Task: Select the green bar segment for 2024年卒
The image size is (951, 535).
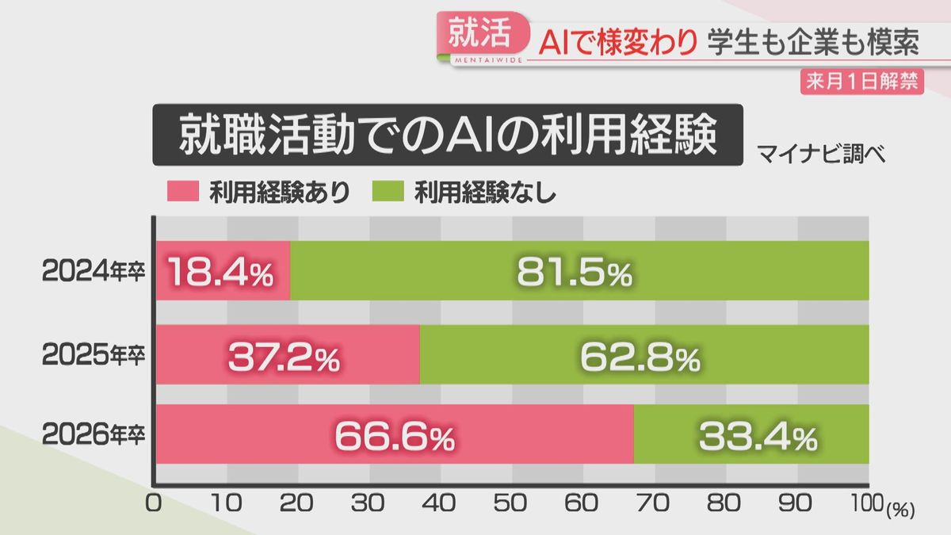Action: [x=579, y=271]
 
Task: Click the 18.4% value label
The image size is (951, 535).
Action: [x=220, y=273]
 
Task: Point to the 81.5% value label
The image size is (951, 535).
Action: [x=575, y=273]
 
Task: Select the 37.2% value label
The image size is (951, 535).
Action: [x=284, y=357]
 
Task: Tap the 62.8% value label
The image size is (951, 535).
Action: [x=640, y=357]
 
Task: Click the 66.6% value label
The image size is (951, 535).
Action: [x=394, y=437]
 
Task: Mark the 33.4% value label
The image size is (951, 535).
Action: [x=757, y=437]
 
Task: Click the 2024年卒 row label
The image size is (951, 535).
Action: [x=93, y=271]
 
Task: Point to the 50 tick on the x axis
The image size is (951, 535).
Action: [x=513, y=505]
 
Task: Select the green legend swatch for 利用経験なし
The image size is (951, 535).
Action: [x=387, y=193]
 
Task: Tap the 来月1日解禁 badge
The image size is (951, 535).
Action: [x=861, y=82]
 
